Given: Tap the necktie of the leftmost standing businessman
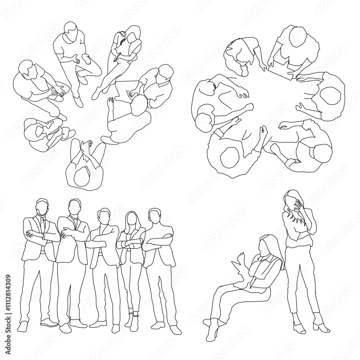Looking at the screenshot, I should (x=43, y=225).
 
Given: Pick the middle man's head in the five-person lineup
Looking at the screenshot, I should (x=104, y=216).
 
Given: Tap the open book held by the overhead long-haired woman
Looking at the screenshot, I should (x=121, y=45).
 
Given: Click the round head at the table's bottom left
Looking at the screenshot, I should (x=229, y=157).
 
